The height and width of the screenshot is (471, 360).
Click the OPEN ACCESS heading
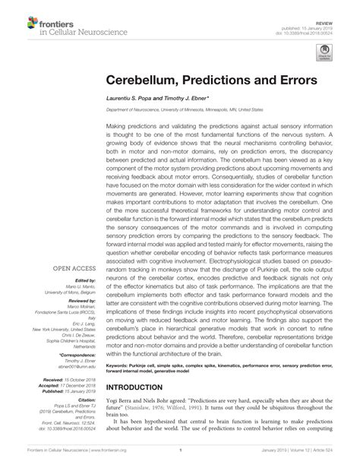73,247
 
